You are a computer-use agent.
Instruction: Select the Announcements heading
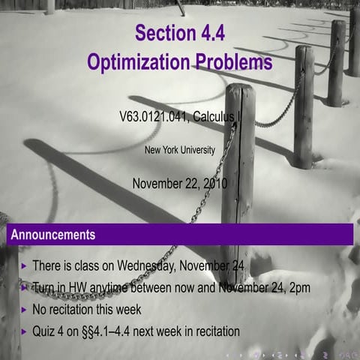pyautogui.click(x=53, y=235)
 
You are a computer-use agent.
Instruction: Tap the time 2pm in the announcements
pyautogui.click(x=295, y=287)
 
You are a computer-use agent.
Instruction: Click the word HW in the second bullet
pyautogui.click(x=82, y=287)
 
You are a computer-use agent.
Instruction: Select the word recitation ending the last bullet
pyautogui.click(x=214, y=331)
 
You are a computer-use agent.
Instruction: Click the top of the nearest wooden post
pyautogui.click(x=239, y=90)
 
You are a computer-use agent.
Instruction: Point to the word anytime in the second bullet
pyautogui.click(x=119, y=287)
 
